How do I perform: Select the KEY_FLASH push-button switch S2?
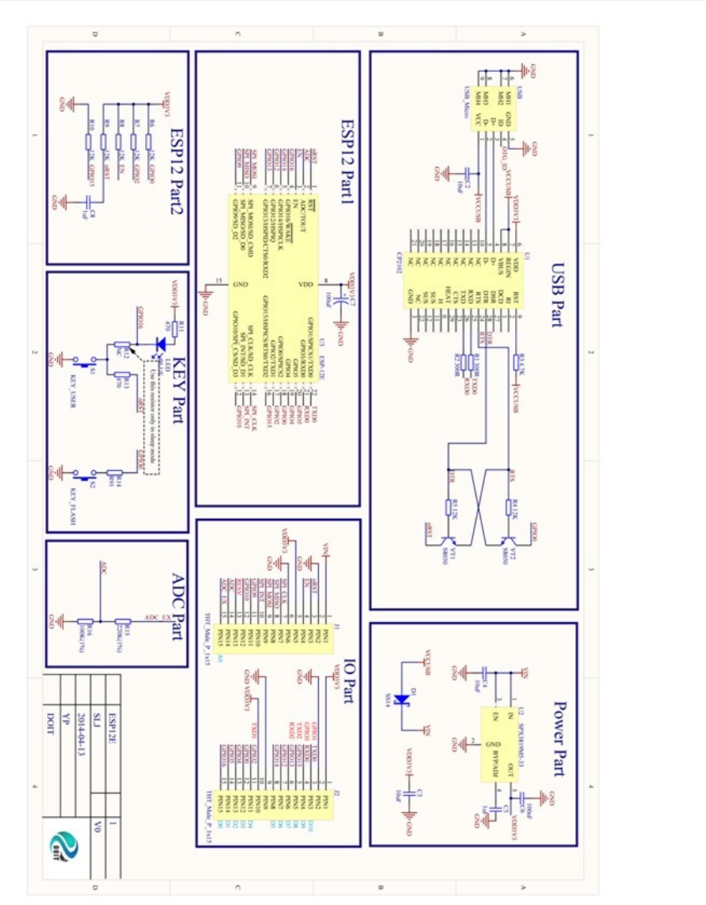88,476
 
